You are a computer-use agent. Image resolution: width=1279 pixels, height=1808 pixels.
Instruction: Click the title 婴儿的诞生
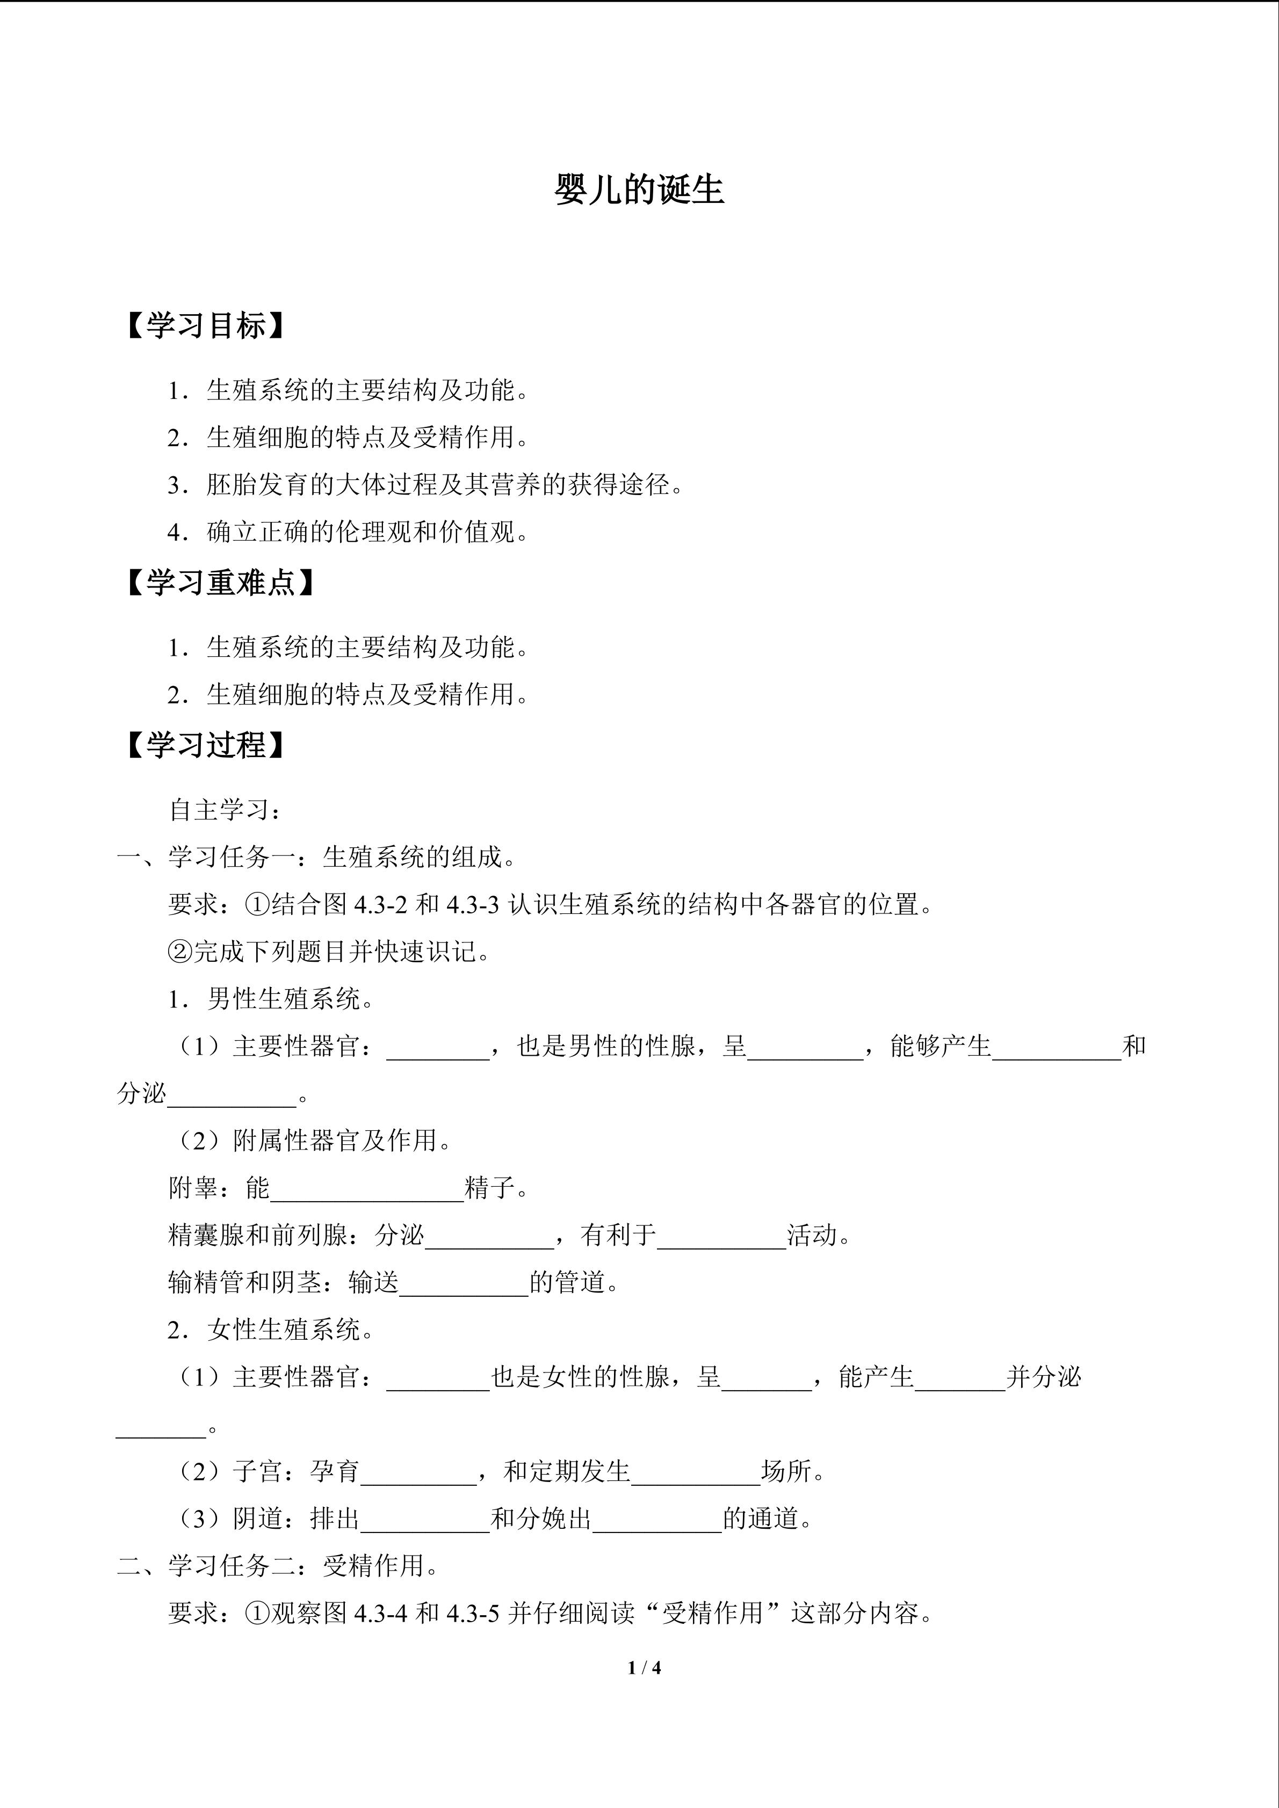[x=639, y=190]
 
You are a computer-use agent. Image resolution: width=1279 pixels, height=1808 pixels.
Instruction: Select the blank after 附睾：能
[x=367, y=1189]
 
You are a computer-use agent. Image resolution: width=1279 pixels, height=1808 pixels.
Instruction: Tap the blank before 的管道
[x=464, y=1283]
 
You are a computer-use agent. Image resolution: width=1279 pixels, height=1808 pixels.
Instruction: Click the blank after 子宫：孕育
[x=418, y=1472]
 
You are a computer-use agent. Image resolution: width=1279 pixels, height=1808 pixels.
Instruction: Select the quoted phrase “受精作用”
[x=713, y=1614]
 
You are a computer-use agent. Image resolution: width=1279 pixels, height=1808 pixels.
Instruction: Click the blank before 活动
[x=721, y=1236]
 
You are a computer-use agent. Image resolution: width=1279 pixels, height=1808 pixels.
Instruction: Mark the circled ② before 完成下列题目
[x=180, y=952]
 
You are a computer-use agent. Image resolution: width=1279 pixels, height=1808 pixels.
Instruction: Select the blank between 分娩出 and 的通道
[x=657, y=1519]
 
